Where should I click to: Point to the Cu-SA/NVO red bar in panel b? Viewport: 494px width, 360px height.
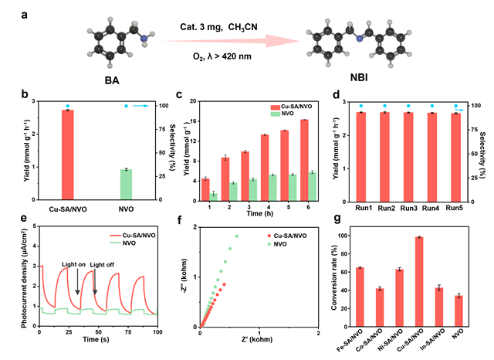pos(67,155)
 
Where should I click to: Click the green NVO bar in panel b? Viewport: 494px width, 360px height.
pos(127,184)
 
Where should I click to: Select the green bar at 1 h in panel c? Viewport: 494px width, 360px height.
pos(213,195)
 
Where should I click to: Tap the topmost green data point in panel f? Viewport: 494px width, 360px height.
pos(237,236)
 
